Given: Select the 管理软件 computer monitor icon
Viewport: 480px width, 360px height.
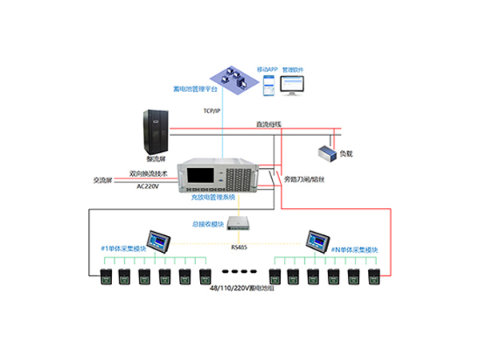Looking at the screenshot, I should click(x=300, y=79).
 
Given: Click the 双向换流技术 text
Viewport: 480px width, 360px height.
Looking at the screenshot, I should click(x=147, y=172).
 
